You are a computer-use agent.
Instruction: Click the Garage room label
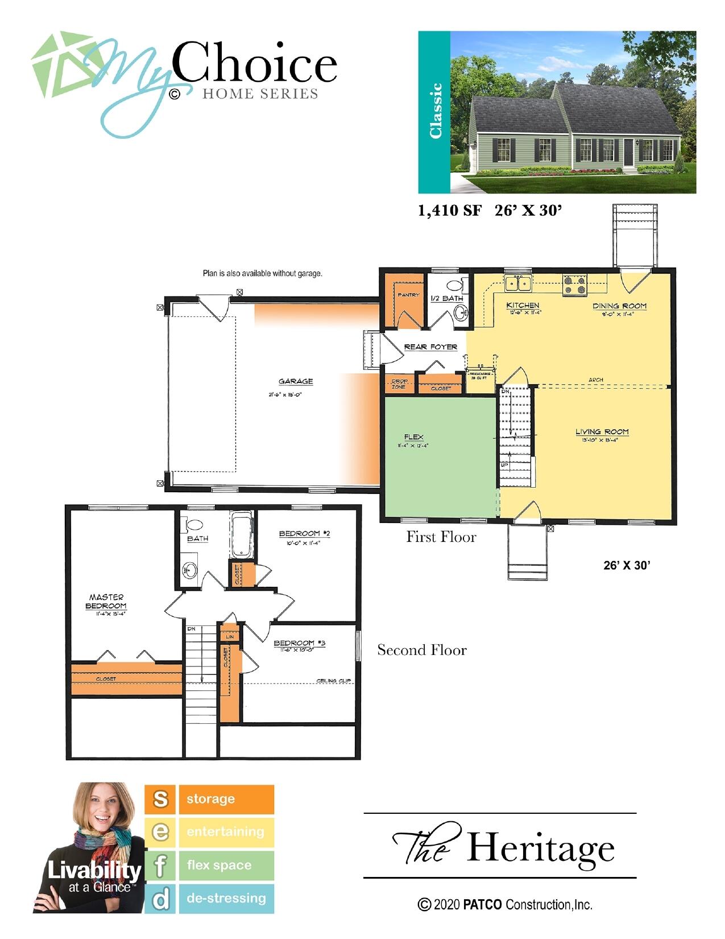click(x=295, y=381)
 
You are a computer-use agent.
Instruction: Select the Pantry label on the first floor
click(x=408, y=295)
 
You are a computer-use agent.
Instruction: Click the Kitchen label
click(x=523, y=306)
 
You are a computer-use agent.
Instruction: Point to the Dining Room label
click(x=619, y=306)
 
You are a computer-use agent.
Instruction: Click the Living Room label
click(x=602, y=432)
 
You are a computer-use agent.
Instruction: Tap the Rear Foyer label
click(x=430, y=347)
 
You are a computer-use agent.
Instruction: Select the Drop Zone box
click(x=399, y=384)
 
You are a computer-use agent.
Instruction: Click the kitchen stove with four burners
click(x=574, y=285)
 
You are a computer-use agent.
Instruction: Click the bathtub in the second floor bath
click(x=242, y=535)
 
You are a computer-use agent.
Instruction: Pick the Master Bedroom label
click(x=106, y=602)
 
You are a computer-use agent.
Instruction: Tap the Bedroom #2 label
click(x=304, y=534)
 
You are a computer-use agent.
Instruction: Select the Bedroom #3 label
click(x=299, y=643)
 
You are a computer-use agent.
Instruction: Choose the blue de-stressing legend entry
click(x=226, y=898)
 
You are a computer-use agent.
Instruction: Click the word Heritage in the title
click(x=540, y=848)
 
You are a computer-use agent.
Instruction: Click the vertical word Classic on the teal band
click(x=435, y=111)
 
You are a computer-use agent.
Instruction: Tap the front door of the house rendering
click(x=628, y=152)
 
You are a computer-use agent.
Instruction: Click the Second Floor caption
click(x=422, y=650)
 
